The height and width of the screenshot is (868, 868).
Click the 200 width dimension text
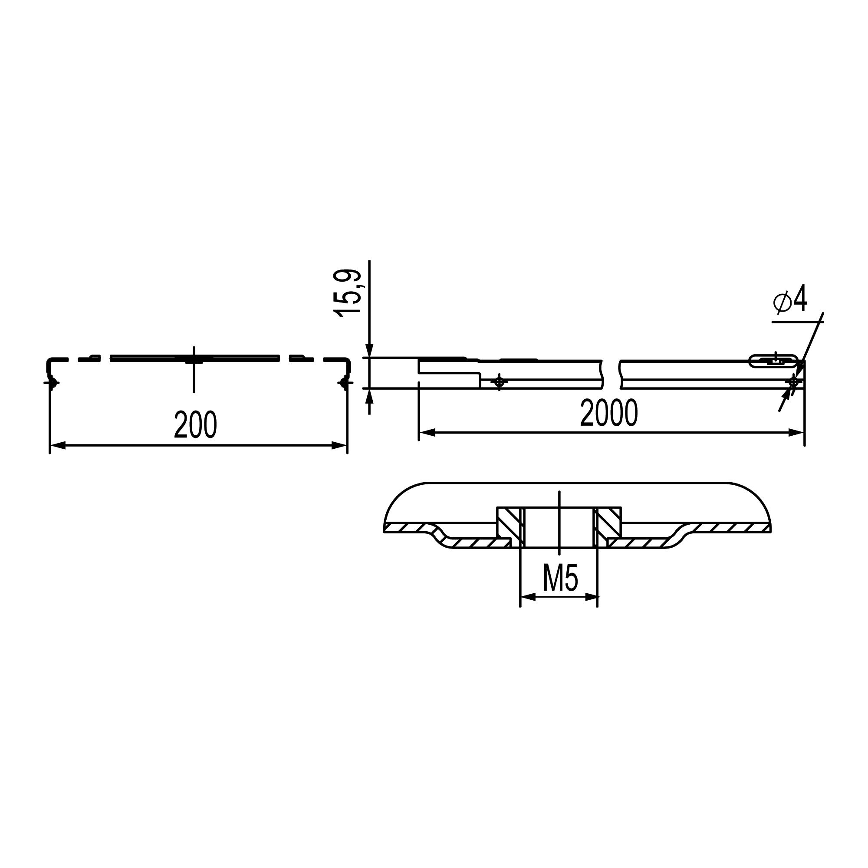pos(195,424)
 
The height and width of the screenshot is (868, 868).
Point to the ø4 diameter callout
pos(790,301)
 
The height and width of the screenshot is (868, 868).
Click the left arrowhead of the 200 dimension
pos(58,446)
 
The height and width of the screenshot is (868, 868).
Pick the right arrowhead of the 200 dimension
pos(339,446)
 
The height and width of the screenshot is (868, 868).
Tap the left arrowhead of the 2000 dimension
pos(427,433)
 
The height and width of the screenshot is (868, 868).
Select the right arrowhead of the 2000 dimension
pos(796,433)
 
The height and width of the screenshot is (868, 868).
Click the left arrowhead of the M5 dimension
pos(528,597)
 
